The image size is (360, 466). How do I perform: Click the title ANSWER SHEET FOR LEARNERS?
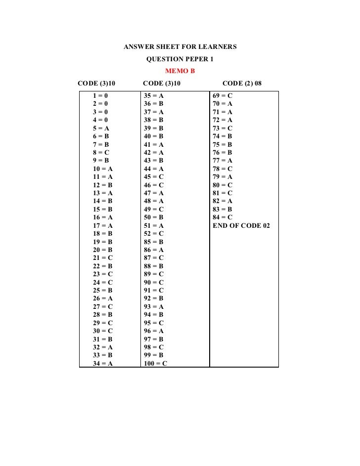coord(180,47)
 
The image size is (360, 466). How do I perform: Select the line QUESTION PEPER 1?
coord(180,60)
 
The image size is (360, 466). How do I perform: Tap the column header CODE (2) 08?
coord(243,84)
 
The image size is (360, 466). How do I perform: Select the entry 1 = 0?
coord(100,95)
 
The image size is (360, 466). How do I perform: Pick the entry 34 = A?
coord(102,364)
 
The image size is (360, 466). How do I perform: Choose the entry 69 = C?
coord(223,95)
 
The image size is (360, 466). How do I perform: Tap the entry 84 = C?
coord(223,217)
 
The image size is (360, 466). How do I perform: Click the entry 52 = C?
coord(153,234)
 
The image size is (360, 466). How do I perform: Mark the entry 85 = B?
coord(153,242)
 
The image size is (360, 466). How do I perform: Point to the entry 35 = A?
coord(153,95)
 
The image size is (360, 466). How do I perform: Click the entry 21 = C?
coord(102,258)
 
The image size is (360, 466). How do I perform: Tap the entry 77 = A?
coord(223,161)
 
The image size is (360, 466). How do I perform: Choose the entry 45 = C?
coord(153,177)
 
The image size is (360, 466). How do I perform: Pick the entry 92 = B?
coord(153,299)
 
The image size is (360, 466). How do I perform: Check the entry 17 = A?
coord(102,226)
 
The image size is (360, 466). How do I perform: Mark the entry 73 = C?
coord(223,128)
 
